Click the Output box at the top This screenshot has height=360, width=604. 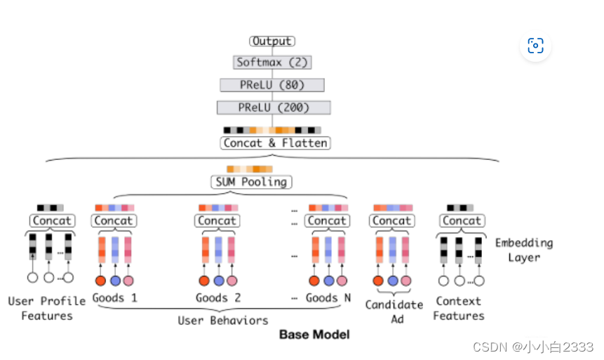(x=272, y=41)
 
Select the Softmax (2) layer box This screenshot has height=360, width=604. (x=272, y=62)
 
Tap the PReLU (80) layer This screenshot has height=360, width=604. (x=272, y=85)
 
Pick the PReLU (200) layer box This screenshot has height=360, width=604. (x=274, y=107)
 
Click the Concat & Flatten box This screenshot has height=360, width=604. (x=275, y=143)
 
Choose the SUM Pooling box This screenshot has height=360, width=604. (x=251, y=182)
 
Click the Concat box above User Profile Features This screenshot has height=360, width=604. (x=52, y=220)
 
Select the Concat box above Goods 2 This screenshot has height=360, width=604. (x=217, y=220)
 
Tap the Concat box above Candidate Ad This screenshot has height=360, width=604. (x=391, y=220)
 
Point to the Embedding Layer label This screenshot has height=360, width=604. (x=524, y=250)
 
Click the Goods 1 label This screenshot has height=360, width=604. (x=114, y=298)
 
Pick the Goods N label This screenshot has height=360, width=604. (x=328, y=298)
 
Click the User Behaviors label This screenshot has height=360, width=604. (x=222, y=320)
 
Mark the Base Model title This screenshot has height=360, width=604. (x=314, y=334)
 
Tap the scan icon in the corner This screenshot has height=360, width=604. (x=535, y=46)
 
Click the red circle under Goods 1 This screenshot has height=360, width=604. (x=100, y=281)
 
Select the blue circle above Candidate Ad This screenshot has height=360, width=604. (x=393, y=281)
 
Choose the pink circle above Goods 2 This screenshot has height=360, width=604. (x=232, y=281)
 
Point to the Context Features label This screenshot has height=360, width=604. (x=458, y=308)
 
